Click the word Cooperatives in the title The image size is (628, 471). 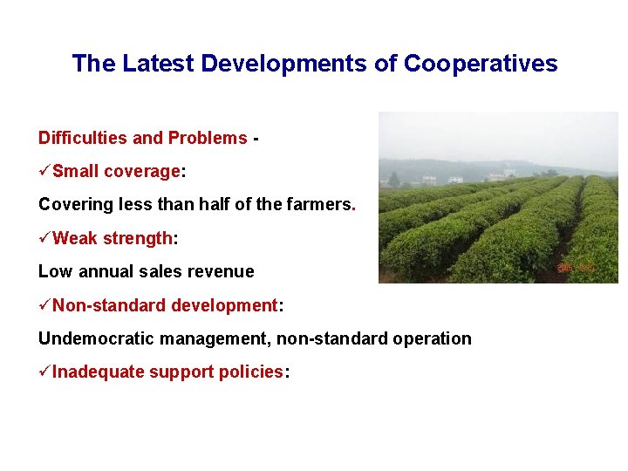coord(481,64)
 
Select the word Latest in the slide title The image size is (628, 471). coord(160,64)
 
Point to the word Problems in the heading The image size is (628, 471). coord(207,138)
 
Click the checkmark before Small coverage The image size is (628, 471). coord(44,171)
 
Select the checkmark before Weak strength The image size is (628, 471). coord(44,238)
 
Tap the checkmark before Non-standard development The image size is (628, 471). coord(44,305)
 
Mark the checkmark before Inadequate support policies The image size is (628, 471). coord(44,372)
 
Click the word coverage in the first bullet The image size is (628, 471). coord(141,171)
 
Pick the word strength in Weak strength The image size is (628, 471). coord(139,238)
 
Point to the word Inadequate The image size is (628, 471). coord(98,372)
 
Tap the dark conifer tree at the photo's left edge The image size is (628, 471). coord(394,179)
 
